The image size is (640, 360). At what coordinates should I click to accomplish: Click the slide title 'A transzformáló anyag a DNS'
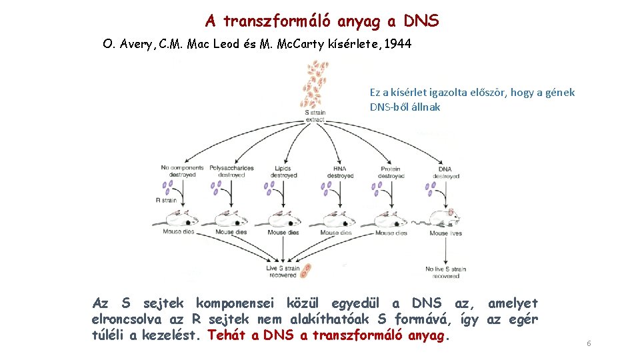click(x=322, y=21)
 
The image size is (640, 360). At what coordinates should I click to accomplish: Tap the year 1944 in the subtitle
click(x=397, y=45)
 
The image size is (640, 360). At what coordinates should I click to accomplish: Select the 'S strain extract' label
click(x=315, y=116)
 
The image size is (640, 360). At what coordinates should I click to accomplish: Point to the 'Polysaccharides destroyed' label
click(x=231, y=171)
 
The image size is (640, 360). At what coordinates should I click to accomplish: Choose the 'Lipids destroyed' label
click(x=283, y=171)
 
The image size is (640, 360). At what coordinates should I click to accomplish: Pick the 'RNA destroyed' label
click(x=338, y=171)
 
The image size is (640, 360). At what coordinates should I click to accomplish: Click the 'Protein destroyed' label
click(x=391, y=171)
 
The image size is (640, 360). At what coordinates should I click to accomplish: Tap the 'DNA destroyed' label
click(x=445, y=171)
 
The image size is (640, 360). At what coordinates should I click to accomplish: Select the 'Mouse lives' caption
click(x=448, y=233)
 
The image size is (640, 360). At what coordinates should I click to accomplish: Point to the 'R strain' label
click(x=167, y=199)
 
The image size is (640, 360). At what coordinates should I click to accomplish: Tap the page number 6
click(x=589, y=343)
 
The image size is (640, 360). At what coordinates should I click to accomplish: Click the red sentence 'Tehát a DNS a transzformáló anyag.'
click(x=329, y=335)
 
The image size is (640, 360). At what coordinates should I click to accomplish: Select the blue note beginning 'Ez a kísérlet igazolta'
click(x=472, y=99)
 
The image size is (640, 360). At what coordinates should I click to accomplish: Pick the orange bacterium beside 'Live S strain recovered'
click(x=307, y=271)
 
